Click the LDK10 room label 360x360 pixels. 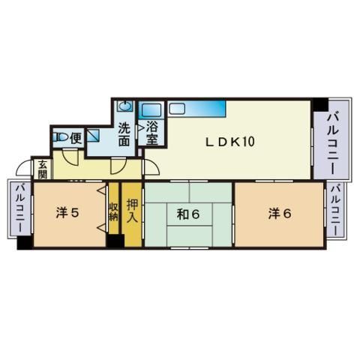pos(230,142)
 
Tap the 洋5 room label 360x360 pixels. pos(67,213)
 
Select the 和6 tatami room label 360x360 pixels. pos(188,214)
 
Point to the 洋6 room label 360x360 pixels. pos(280,214)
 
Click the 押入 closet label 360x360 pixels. pos(132,211)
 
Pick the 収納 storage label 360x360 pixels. pos(113,211)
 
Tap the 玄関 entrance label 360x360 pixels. pos(43,169)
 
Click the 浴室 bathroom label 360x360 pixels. pos(152,133)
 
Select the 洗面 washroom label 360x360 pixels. pos(124,133)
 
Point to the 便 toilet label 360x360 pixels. pos(76,138)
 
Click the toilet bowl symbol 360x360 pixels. pos(60,137)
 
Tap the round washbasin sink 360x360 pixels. pos(124,106)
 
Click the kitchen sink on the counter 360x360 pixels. pos(177,109)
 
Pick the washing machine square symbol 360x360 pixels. pos(93,136)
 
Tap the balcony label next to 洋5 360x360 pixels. pos(20,208)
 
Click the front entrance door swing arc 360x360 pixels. pos(23,166)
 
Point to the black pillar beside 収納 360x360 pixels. pos(115,241)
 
